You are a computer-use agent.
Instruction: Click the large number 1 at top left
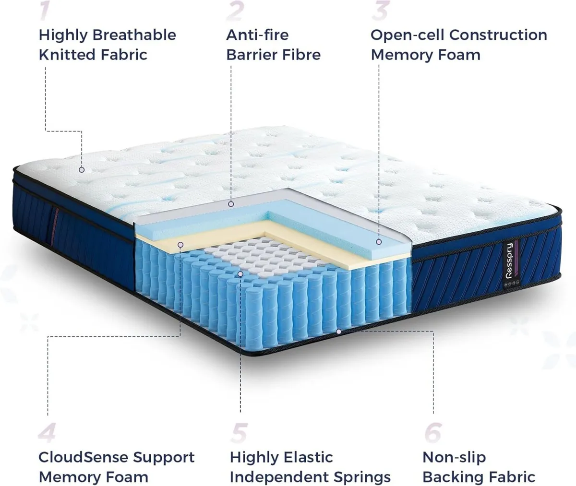(45, 11)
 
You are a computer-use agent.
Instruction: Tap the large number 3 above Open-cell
(380, 11)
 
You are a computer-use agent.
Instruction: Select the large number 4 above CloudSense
(47, 432)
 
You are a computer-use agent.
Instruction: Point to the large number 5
(239, 432)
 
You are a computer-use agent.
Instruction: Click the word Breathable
(134, 35)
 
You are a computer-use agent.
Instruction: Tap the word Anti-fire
(257, 35)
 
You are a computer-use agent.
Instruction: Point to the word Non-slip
(454, 457)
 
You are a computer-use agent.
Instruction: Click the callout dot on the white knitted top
(82, 169)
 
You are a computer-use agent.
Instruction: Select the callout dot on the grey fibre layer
(231, 204)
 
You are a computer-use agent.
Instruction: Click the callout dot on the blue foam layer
(379, 242)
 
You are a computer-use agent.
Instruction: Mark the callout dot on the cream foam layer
(180, 245)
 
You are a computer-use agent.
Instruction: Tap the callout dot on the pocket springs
(240, 273)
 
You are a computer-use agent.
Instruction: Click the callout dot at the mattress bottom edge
(339, 331)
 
